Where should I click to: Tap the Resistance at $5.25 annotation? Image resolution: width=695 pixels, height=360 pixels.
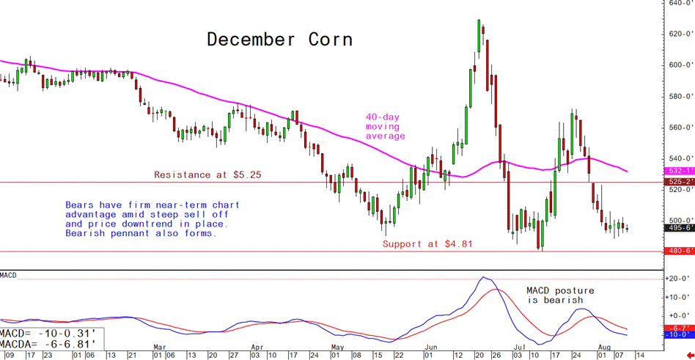click(208, 175)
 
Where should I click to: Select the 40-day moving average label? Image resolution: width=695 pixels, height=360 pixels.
click(385, 126)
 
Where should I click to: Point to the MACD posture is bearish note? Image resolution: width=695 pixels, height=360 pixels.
click(561, 295)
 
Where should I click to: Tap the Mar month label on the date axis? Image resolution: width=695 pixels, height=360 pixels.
click(159, 345)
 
